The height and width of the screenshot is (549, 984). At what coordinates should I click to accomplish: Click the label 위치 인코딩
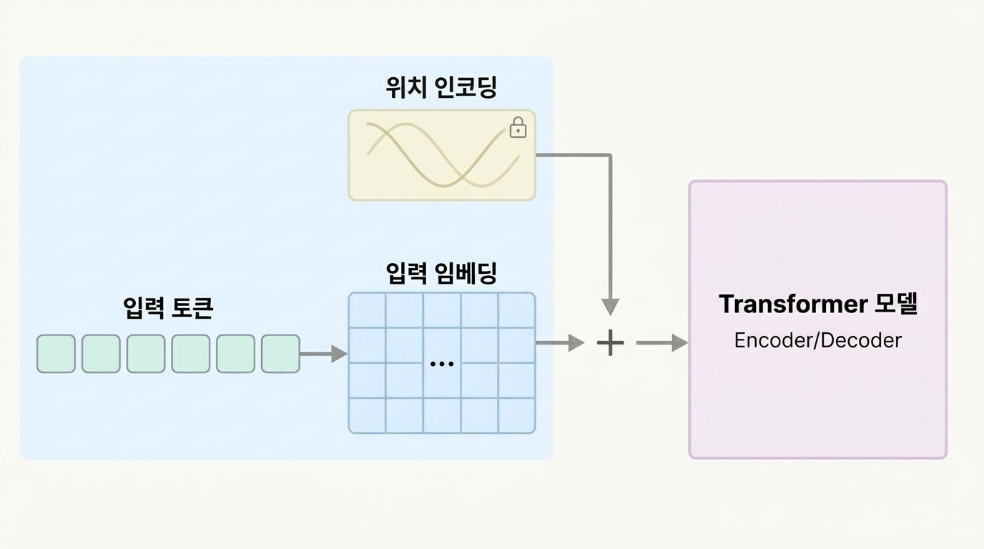[x=441, y=88]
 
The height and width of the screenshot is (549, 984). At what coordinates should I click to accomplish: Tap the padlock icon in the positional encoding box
[x=518, y=128]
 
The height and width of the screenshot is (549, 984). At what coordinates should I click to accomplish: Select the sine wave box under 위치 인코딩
[x=441, y=154]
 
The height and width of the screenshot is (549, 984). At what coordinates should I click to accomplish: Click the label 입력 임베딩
[x=441, y=273]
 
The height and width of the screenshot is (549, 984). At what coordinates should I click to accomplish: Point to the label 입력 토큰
[x=168, y=308]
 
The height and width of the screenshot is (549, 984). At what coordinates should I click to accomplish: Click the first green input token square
[x=56, y=354]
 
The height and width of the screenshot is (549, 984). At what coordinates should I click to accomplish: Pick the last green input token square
[x=280, y=354]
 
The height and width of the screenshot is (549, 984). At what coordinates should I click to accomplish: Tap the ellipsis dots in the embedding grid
[x=442, y=363]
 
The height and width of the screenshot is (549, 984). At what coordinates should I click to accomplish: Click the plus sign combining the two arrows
[x=610, y=344]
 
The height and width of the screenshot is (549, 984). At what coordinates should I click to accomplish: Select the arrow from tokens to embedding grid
[x=323, y=353]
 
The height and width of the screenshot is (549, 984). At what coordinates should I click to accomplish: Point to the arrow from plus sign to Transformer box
[x=661, y=344]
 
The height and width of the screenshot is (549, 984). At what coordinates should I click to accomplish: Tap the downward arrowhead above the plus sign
[x=610, y=306]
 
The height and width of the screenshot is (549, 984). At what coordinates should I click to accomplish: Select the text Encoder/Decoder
[x=817, y=340]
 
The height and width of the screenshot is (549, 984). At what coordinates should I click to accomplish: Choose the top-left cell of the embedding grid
[x=368, y=310]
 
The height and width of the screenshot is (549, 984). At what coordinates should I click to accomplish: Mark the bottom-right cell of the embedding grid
[x=516, y=415]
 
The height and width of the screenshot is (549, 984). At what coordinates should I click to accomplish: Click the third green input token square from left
[x=146, y=354]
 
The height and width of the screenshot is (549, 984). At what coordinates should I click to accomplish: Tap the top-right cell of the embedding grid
[x=516, y=310]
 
